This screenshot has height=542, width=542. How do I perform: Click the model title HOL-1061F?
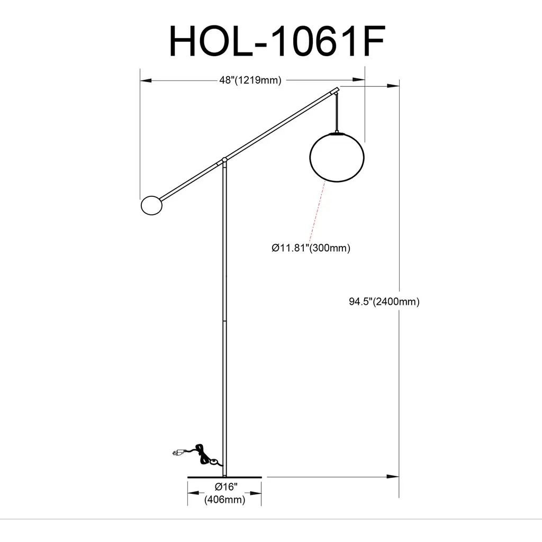(277, 41)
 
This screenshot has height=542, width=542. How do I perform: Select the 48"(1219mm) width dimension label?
(250, 80)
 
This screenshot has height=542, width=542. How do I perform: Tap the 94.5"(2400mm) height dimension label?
(384, 302)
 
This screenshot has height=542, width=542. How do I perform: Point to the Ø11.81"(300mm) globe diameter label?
(311, 248)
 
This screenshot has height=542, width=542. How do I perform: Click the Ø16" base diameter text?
(226, 487)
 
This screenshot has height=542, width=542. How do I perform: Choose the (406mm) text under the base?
(224, 500)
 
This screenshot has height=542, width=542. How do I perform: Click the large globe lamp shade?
(337, 157)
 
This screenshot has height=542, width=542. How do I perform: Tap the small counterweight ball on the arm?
(152, 205)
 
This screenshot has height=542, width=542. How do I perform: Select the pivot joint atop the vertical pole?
(224, 160)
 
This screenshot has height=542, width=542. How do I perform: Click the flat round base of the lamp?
(224, 477)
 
